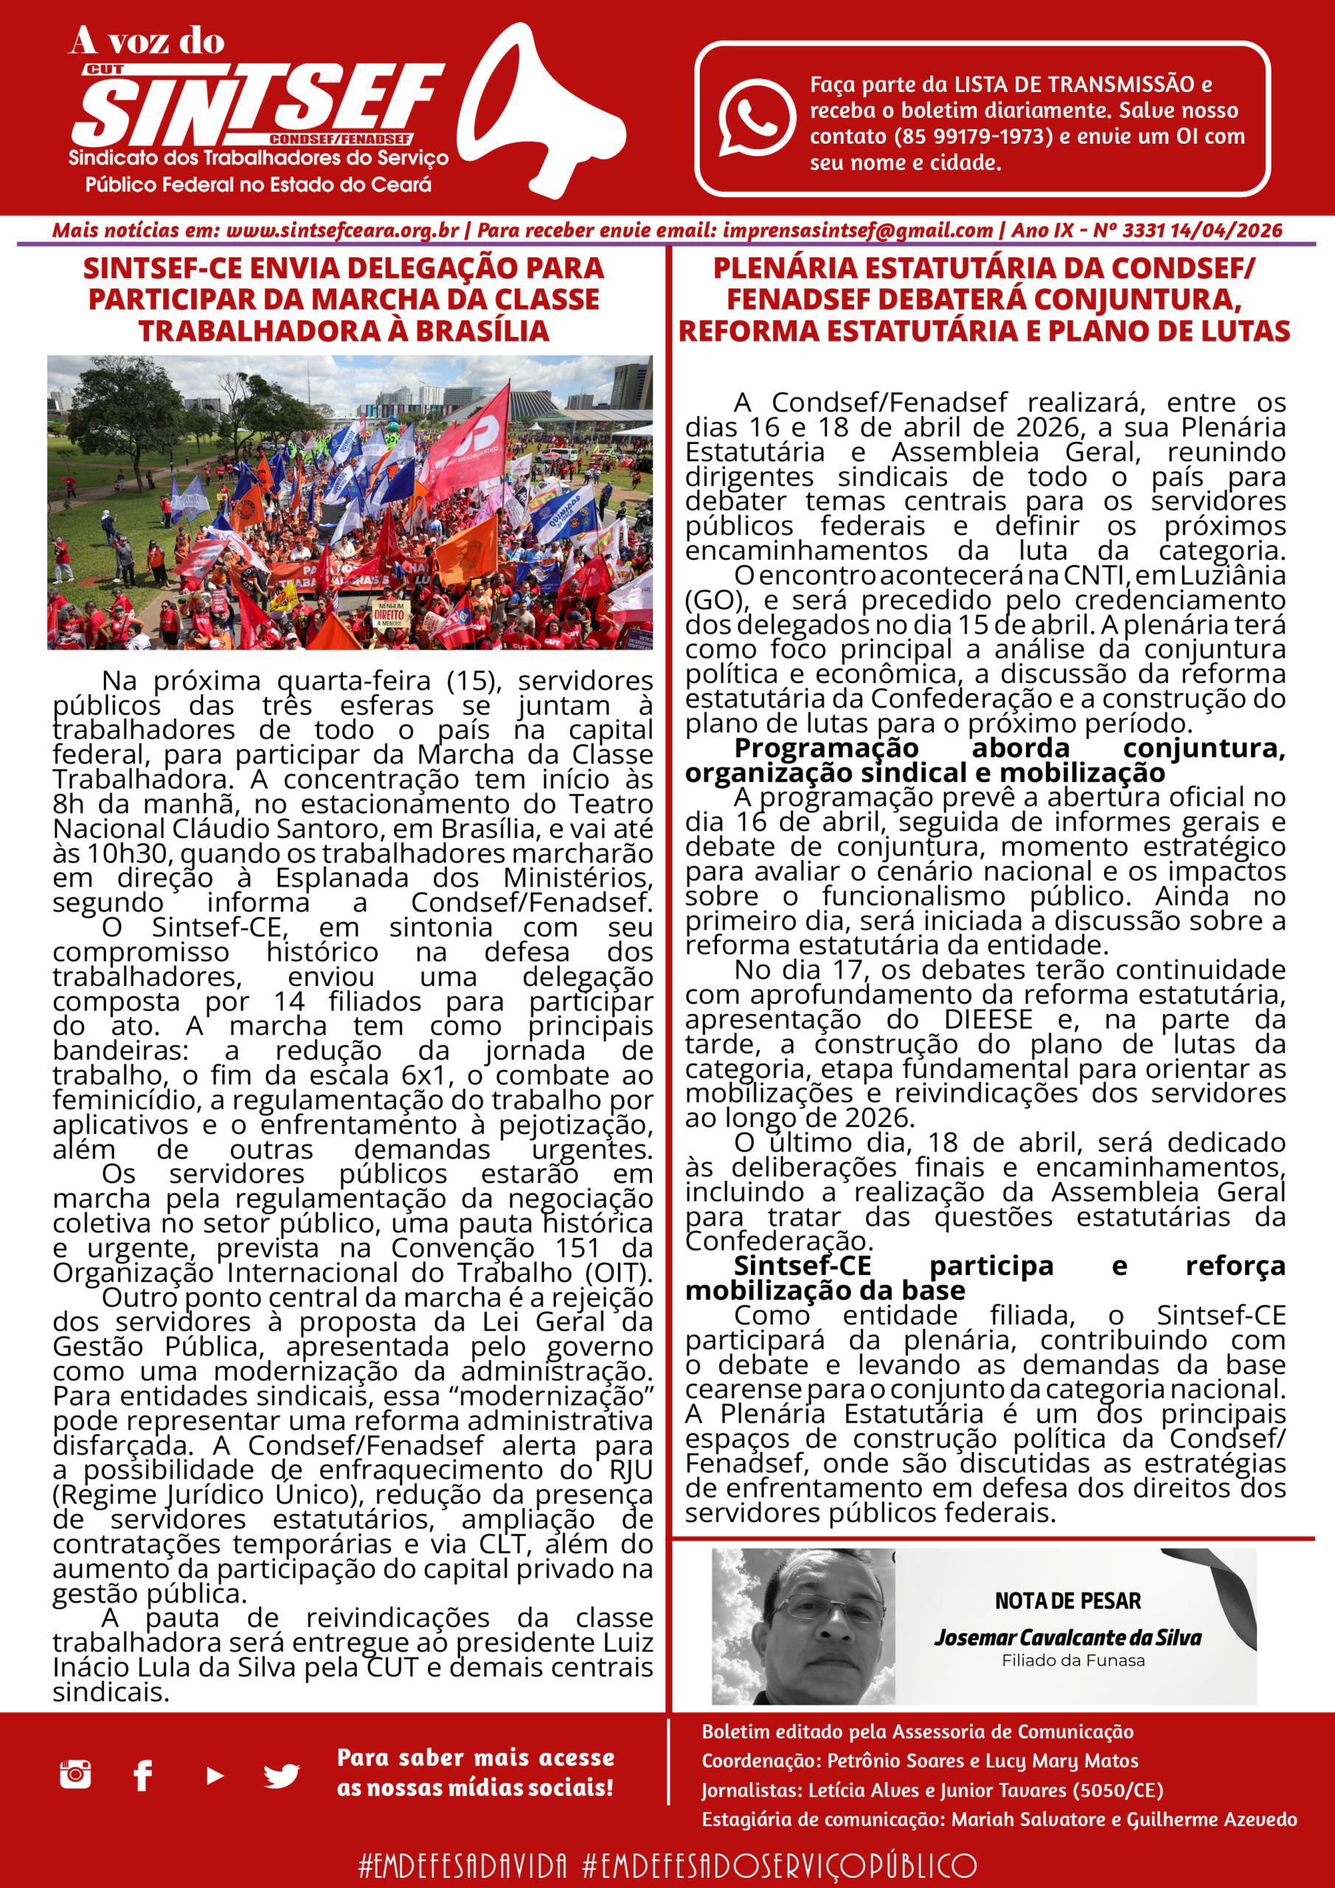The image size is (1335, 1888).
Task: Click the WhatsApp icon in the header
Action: click(756, 117)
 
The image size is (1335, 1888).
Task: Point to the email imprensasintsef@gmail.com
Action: click(858, 230)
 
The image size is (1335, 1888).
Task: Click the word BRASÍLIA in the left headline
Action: click(482, 330)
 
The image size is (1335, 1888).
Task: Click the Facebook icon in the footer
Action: click(142, 1774)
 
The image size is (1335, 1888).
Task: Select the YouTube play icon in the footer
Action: click(215, 1775)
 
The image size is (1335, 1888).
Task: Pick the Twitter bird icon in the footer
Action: click(281, 1775)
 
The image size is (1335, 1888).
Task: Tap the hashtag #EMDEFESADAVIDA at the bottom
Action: click(463, 1864)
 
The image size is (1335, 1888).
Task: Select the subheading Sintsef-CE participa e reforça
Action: click(985, 1266)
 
